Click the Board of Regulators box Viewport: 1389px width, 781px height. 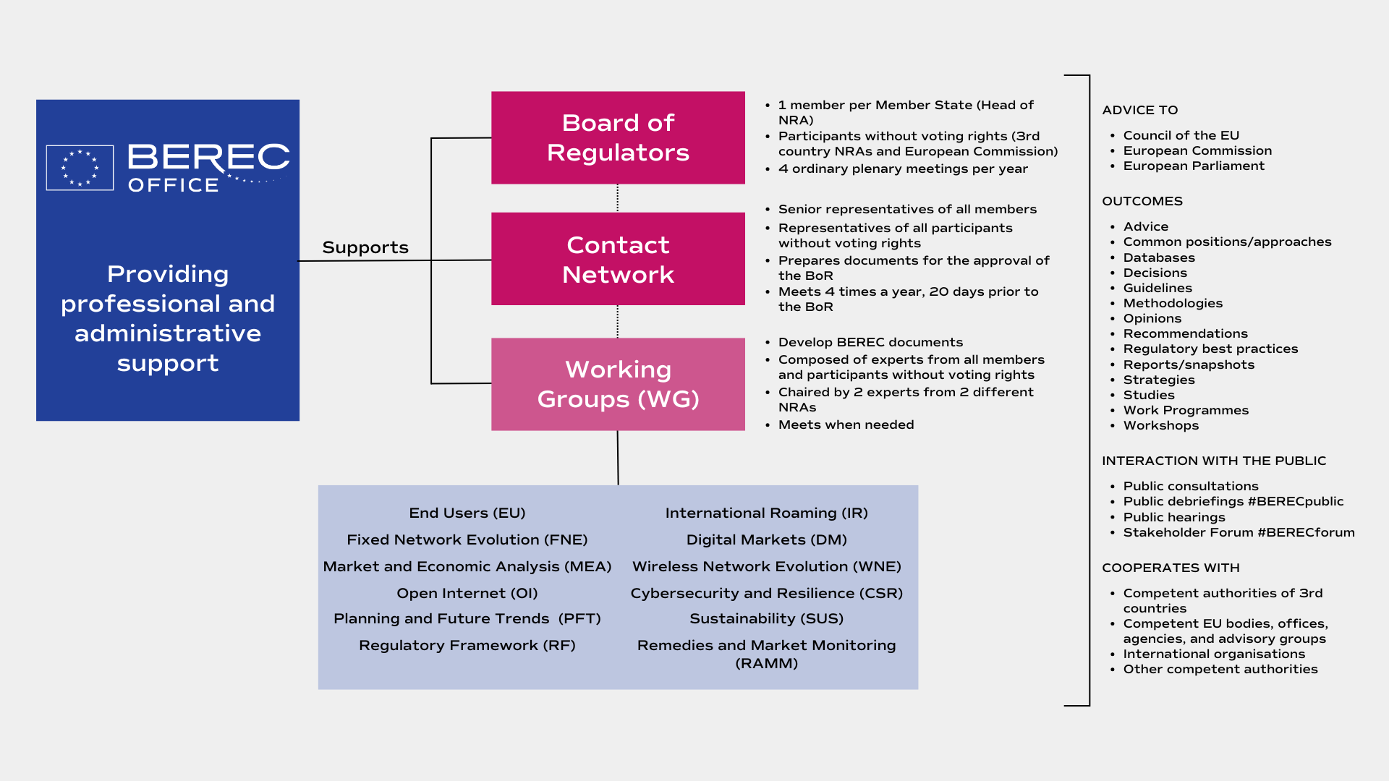click(618, 137)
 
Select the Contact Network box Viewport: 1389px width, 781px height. click(618, 259)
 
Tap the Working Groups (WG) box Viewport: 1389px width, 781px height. click(618, 384)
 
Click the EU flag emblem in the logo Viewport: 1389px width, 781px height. click(80, 168)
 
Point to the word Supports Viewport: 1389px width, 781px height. click(365, 247)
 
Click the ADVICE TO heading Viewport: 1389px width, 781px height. click(1140, 110)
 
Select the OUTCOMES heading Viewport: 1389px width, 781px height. click(1142, 201)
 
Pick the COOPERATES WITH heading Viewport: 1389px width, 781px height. click(1171, 568)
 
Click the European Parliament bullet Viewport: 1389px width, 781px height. click(1194, 166)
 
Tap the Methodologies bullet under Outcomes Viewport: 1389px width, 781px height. click(1173, 303)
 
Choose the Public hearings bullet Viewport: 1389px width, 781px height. click(1174, 517)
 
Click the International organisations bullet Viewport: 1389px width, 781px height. click(1214, 654)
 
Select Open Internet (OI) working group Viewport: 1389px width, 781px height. click(467, 593)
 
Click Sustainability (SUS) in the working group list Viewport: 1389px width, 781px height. click(767, 618)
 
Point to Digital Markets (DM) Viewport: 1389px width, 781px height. click(767, 539)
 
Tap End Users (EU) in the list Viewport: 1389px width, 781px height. click(467, 513)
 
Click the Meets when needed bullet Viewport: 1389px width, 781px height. click(846, 424)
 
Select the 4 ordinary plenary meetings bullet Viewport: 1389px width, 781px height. click(903, 168)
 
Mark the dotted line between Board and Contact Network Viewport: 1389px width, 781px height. click(617, 198)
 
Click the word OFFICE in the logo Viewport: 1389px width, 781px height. click(174, 185)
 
